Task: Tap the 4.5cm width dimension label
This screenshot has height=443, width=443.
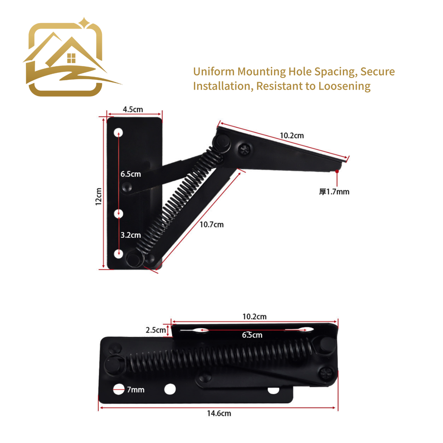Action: click(133, 109)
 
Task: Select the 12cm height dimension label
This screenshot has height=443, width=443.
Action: click(98, 196)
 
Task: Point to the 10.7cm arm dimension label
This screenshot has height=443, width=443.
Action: click(211, 225)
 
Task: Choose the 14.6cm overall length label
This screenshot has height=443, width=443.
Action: click(219, 413)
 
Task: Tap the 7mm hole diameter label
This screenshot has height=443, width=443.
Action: click(136, 390)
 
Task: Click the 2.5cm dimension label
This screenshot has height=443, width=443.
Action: click(156, 330)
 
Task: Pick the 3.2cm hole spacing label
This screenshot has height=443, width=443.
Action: click(131, 235)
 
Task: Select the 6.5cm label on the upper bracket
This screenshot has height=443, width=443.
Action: click(131, 174)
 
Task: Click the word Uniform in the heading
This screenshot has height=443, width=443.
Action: click(213, 72)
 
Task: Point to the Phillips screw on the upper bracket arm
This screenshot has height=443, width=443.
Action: click(243, 149)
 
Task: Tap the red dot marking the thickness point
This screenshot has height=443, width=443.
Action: click(338, 171)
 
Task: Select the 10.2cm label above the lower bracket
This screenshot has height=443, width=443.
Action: click(254, 317)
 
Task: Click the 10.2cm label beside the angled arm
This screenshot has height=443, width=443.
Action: click(292, 136)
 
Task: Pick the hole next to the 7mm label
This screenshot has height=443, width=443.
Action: click(119, 389)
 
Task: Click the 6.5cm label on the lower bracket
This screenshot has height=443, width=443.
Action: click(252, 335)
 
